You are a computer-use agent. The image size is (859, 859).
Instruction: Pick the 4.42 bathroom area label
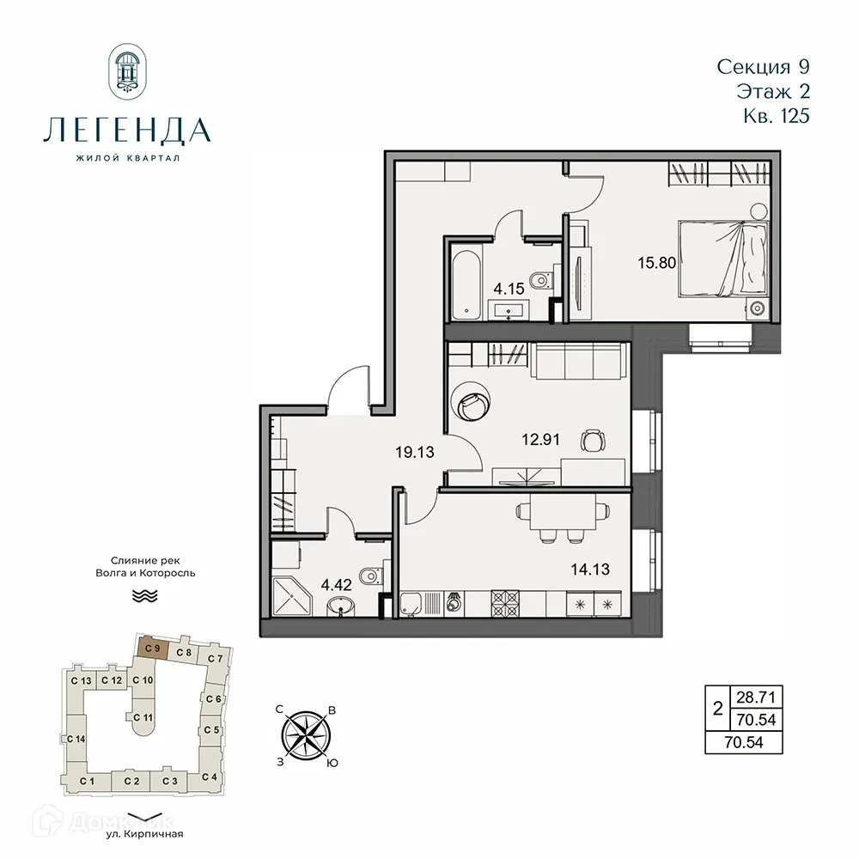336,587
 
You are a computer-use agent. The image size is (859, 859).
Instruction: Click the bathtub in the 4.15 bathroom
465,281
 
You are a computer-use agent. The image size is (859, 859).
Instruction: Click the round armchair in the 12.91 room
472,400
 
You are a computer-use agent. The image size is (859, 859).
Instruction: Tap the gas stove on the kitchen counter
505,602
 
